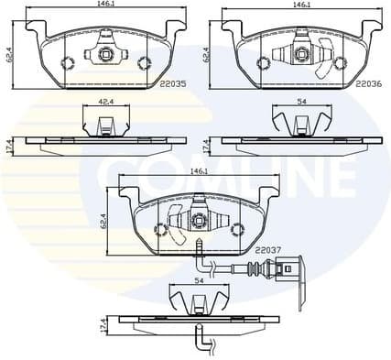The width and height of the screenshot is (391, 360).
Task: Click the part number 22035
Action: point(172,83)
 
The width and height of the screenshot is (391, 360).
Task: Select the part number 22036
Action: point(368,83)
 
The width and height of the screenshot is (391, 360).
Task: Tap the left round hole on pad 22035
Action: point(65,62)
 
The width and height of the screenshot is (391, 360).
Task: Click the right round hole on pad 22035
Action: point(142,62)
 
